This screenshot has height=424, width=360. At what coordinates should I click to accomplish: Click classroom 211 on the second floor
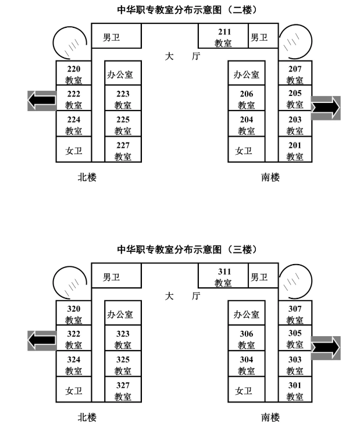point(223,37)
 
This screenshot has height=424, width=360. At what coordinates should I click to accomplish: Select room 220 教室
point(73,74)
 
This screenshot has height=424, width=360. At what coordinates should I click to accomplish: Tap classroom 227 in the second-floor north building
point(123,150)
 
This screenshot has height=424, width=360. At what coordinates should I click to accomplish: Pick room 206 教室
point(247,99)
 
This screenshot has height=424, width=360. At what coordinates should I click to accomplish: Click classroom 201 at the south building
point(295,150)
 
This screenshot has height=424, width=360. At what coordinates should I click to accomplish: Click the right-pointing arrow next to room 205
point(325,108)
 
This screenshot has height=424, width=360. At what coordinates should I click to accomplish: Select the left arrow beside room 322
point(42,340)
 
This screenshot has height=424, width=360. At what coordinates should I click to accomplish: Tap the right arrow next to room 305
point(325,347)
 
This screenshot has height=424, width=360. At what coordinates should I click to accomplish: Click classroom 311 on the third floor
point(223,277)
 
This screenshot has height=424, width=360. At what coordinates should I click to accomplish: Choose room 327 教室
point(123,390)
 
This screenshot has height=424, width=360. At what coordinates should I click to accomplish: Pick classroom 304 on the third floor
point(247,365)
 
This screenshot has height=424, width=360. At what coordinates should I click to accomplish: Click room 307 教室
point(295,314)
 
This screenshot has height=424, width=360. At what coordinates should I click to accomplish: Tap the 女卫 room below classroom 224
point(73,150)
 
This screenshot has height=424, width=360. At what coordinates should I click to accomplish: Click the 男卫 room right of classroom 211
point(259,37)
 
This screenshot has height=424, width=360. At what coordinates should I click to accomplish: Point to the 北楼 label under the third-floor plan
point(87,416)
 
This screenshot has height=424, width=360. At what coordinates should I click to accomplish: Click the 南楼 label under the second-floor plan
point(270,177)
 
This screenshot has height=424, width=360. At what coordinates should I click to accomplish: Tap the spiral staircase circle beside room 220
point(70,42)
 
